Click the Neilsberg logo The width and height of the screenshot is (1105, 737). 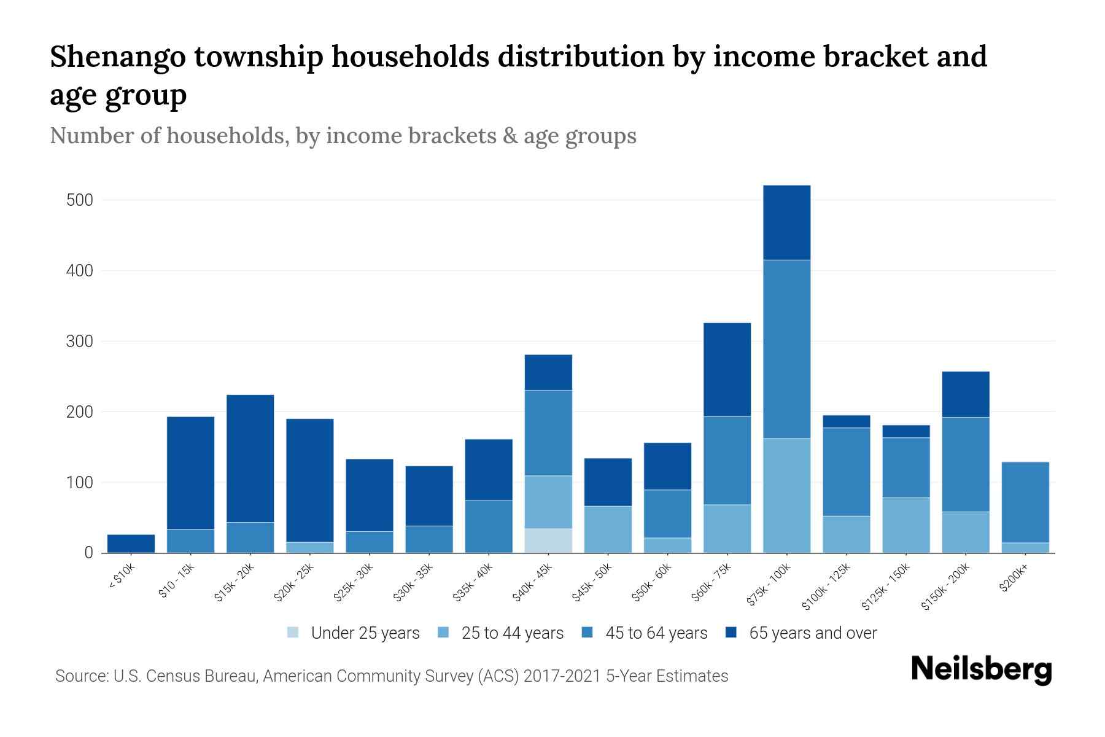pyautogui.click(x=981, y=669)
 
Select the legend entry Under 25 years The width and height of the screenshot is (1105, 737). pyautogui.click(x=365, y=633)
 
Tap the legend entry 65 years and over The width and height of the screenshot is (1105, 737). pyautogui.click(x=812, y=633)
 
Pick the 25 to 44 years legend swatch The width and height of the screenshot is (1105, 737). pyautogui.click(x=443, y=633)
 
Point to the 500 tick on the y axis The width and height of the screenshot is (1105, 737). pyautogui.click(x=80, y=200)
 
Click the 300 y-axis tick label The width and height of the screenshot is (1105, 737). pyautogui.click(x=80, y=341)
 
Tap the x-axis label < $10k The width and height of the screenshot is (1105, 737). pyautogui.click(x=122, y=577)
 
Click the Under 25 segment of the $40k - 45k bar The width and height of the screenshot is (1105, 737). pyautogui.click(x=548, y=540)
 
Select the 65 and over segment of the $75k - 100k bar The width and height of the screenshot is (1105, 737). pyautogui.click(x=786, y=222)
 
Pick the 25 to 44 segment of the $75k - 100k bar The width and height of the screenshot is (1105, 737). pyautogui.click(x=786, y=495)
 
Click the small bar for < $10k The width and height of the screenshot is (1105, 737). pyautogui.click(x=131, y=543)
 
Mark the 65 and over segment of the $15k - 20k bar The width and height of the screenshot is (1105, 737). pyautogui.click(x=250, y=458)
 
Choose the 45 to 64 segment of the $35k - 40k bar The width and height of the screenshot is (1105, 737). pyautogui.click(x=489, y=526)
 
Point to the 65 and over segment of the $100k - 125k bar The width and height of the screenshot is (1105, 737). pyautogui.click(x=846, y=421)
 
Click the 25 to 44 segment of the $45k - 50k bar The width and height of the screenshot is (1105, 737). pyautogui.click(x=608, y=529)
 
